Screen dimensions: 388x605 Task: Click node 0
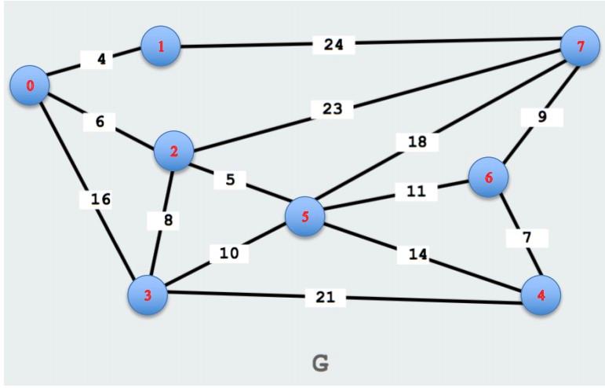31,86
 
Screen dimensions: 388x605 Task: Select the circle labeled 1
161,46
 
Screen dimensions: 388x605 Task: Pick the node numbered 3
148,295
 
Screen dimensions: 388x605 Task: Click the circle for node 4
541,295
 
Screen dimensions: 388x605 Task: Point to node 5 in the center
305,216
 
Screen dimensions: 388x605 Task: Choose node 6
488,178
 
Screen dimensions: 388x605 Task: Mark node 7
581,46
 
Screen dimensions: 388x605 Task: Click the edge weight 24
333,45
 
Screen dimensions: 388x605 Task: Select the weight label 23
332,108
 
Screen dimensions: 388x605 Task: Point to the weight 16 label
100,199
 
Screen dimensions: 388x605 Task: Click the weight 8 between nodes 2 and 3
166,221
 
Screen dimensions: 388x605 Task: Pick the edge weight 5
230,180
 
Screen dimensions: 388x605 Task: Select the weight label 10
229,254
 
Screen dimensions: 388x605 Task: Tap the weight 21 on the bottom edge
324,298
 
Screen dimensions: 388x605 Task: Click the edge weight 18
416,142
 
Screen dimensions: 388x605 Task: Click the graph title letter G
319,363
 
